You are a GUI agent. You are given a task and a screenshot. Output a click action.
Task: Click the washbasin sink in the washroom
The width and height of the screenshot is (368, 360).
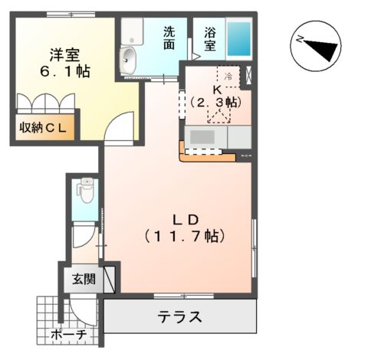[x=130, y=58]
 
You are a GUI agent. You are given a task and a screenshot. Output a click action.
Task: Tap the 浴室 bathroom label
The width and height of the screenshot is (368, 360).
[x=209, y=38]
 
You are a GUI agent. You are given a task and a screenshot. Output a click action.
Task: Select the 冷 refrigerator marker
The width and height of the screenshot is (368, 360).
[x=228, y=77]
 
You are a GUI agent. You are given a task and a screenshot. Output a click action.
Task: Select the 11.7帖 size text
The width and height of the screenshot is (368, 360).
[x=182, y=237]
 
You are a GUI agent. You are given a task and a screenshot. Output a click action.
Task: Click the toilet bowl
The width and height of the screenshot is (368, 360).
[x=86, y=191]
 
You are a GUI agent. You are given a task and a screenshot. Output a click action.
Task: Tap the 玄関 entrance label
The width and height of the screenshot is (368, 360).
[x=84, y=279]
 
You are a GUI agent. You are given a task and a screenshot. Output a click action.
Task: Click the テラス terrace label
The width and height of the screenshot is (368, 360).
[x=181, y=316]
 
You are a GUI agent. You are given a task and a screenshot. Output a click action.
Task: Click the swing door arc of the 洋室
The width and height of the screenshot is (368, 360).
[x=120, y=128]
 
